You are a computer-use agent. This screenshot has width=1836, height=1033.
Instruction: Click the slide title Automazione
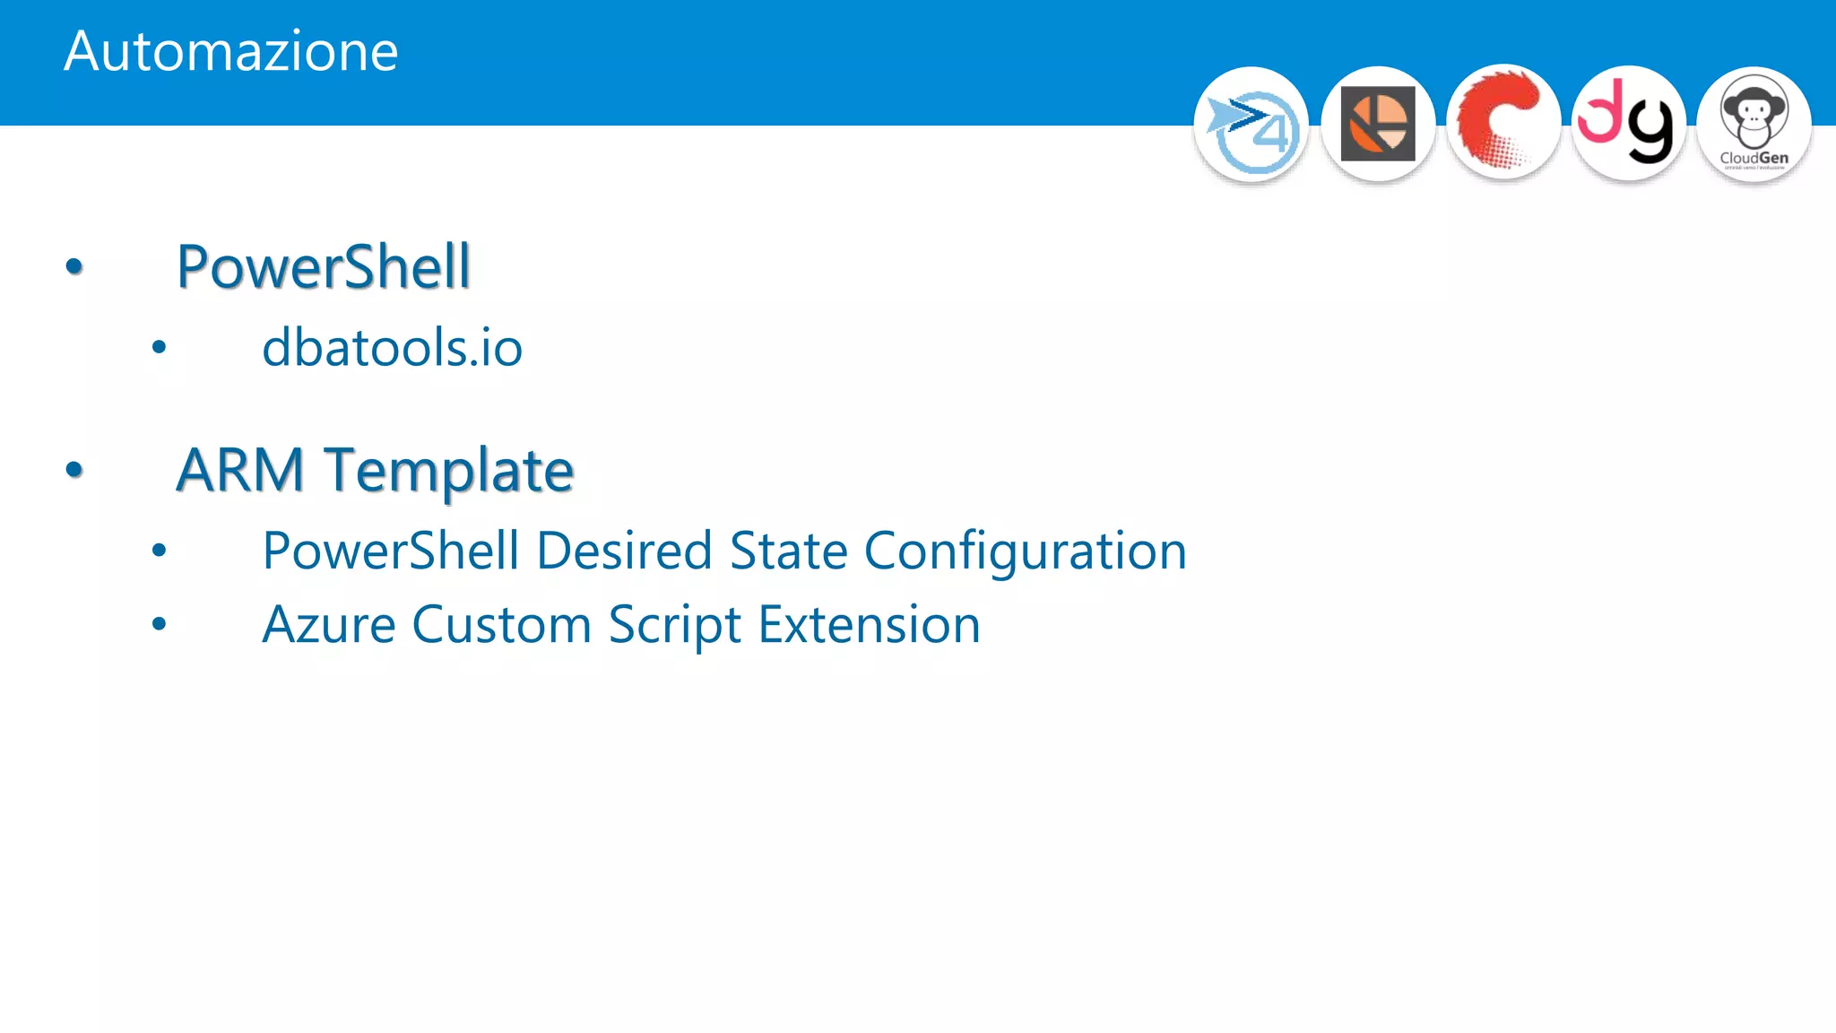(230, 51)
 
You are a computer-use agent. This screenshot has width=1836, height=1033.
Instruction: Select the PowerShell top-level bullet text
(323, 266)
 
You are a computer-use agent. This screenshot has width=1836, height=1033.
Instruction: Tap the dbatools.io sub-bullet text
(392, 348)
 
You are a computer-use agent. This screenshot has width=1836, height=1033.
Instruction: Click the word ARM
(240, 470)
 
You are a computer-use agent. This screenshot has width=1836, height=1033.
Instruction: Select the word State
(788, 551)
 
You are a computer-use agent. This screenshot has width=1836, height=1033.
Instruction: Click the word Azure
(328, 625)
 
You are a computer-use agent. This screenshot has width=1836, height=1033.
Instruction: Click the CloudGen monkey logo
(1754, 125)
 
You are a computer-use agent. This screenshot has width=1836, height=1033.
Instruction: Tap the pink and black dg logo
(1628, 123)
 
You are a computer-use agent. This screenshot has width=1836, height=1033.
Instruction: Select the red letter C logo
(1503, 123)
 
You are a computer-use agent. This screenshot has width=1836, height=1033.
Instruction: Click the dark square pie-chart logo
(1378, 124)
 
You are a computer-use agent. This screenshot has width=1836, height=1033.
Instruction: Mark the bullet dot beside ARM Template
(74, 469)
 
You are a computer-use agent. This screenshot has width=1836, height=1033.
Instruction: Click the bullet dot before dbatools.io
(159, 347)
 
